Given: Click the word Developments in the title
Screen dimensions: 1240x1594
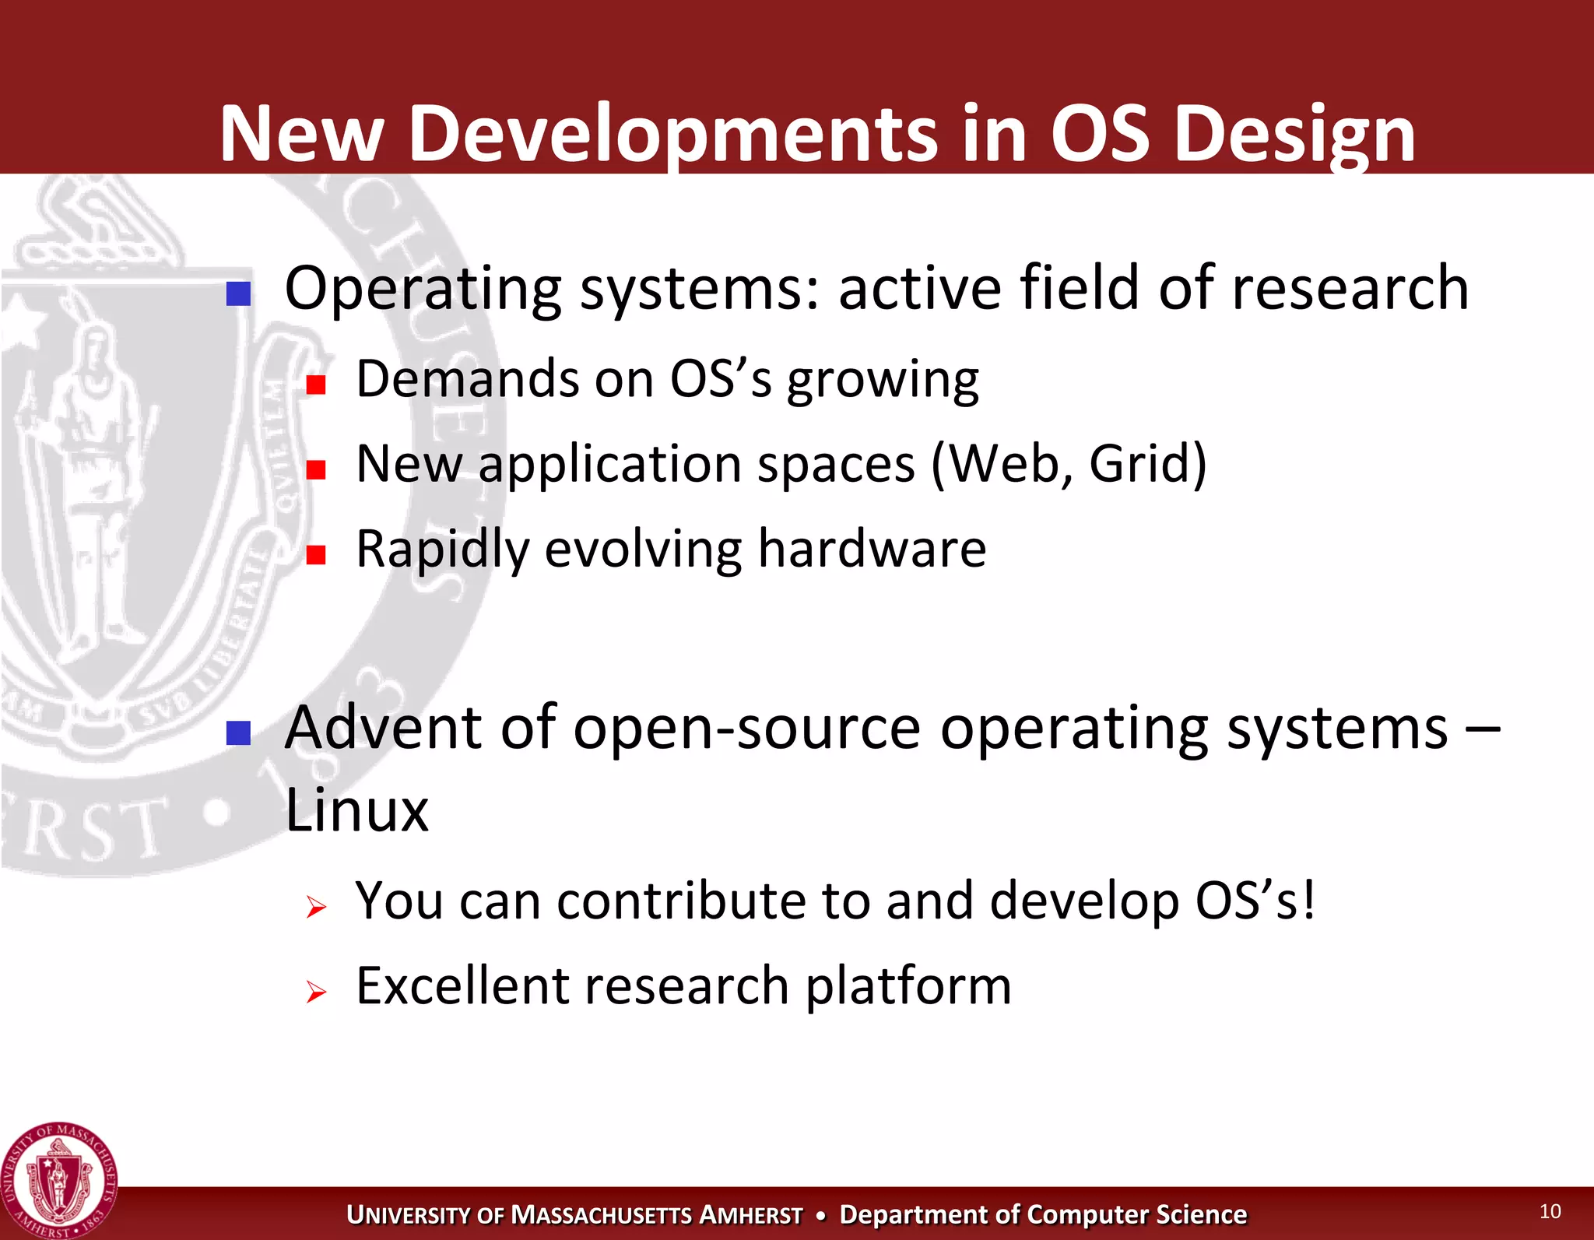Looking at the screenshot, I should click(x=672, y=134).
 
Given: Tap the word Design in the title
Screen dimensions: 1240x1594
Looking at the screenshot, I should click(x=1294, y=134).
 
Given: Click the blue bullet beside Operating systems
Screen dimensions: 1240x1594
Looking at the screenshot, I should click(x=238, y=293).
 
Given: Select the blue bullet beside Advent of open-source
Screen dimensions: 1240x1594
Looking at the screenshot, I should click(x=238, y=732).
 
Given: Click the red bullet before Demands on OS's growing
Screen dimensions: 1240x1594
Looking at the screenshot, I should click(x=315, y=385).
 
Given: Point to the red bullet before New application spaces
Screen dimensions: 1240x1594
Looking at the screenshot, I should click(x=315, y=469).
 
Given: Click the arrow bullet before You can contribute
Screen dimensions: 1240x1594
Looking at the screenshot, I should click(x=315, y=907).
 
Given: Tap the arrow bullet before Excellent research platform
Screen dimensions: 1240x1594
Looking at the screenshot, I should click(x=315, y=992).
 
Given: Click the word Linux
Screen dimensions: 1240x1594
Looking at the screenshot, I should click(x=356, y=811).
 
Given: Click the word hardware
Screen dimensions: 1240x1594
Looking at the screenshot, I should click(x=872, y=549).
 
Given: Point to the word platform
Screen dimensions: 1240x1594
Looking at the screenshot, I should click(x=908, y=986).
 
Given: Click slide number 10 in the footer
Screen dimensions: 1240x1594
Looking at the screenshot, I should click(x=1550, y=1211).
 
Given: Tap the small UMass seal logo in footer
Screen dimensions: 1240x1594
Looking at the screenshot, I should click(x=58, y=1181).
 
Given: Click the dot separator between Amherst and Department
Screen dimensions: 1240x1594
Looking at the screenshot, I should click(x=820, y=1215).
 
